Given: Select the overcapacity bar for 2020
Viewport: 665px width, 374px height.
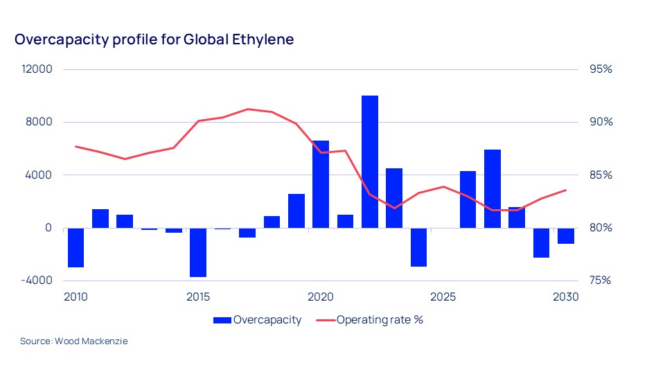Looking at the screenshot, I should tap(321, 184).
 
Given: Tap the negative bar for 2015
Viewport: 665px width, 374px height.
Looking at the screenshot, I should tap(198, 252).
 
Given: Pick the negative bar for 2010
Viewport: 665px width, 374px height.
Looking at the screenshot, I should tap(76, 247).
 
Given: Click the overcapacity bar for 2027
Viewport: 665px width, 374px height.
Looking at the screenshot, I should tap(493, 188).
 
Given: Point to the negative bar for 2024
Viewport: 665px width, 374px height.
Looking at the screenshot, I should tap(418, 247).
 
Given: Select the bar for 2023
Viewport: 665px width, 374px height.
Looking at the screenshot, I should tap(394, 197).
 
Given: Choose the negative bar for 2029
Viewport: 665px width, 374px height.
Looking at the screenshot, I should tap(541, 242).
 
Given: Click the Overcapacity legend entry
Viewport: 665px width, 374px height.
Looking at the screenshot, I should tap(258, 320).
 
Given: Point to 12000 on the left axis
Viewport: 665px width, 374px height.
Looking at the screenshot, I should tap(38, 69).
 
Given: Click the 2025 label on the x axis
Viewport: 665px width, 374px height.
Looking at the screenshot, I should tap(443, 297).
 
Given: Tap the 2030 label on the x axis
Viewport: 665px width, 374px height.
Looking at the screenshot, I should tap(565, 297).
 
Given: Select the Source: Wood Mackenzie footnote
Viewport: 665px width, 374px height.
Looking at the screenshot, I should tap(74, 341).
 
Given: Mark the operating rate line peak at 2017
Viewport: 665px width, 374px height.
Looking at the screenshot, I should tap(247, 109).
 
